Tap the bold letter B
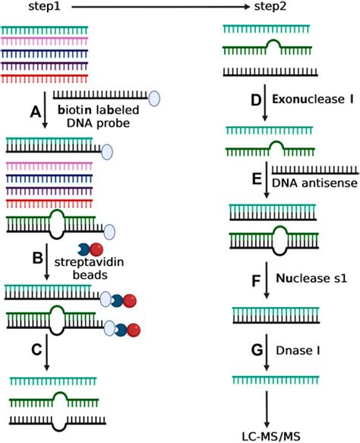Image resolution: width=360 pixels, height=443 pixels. pos(34,259)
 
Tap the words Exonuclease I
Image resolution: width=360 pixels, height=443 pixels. pos(305,100)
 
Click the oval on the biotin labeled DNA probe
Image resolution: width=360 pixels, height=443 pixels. pos(154,97)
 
